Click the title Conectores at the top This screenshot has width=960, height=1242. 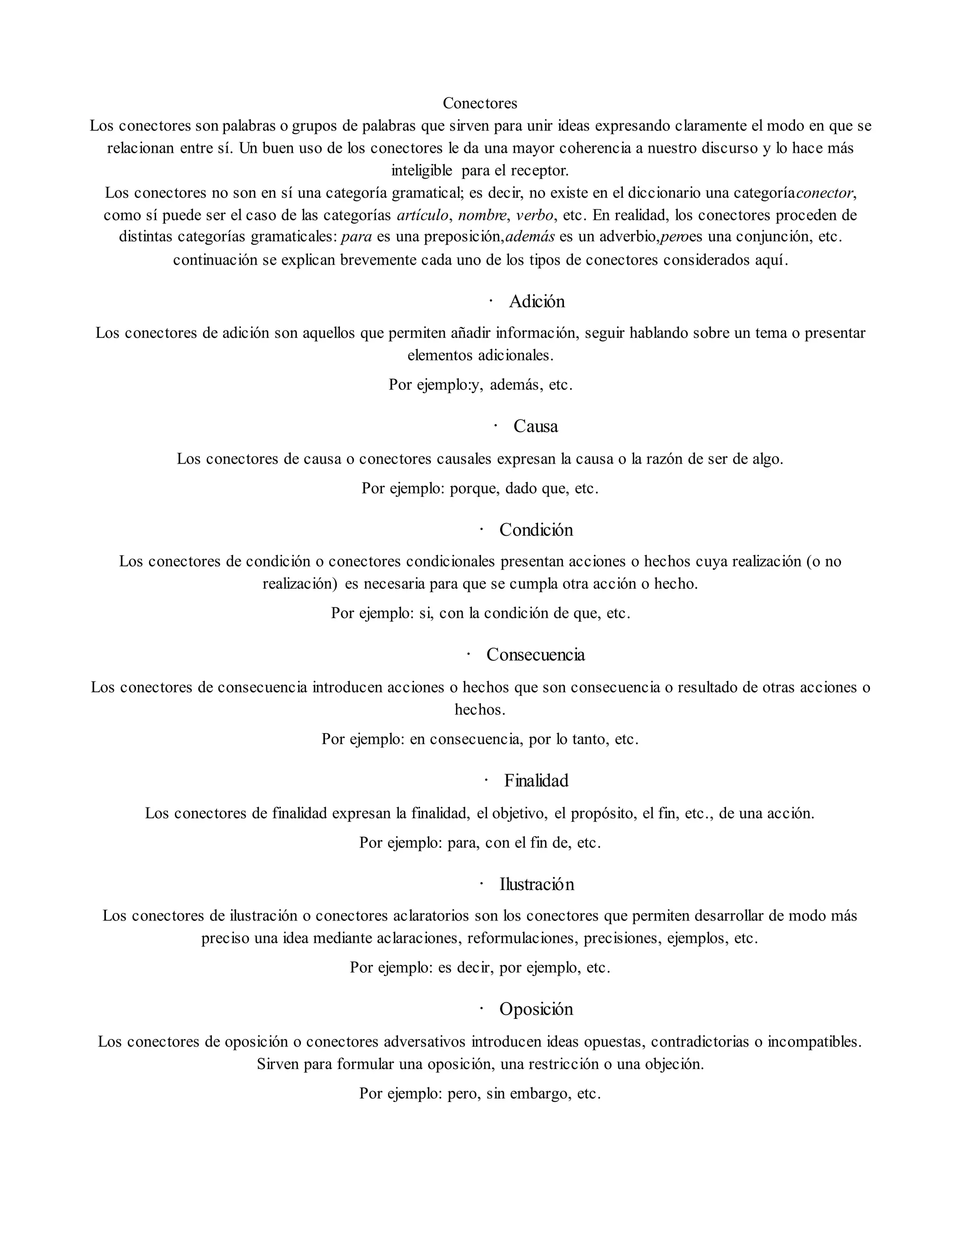[480, 103]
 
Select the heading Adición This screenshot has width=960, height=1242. [536, 301]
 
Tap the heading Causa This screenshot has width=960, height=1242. [535, 426]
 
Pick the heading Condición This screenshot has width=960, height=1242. [536, 530]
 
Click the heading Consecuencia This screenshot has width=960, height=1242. [535, 655]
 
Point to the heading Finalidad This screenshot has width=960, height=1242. [536, 780]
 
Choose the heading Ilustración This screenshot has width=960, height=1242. [536, 884]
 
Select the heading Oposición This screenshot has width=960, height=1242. [536, 1009]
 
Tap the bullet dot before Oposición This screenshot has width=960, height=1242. [481, 1008]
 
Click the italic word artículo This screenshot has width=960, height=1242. [422, 215]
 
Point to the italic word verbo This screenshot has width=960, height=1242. [534, 215]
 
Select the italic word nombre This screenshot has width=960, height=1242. [482, 215]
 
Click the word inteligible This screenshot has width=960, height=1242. [421, 170]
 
